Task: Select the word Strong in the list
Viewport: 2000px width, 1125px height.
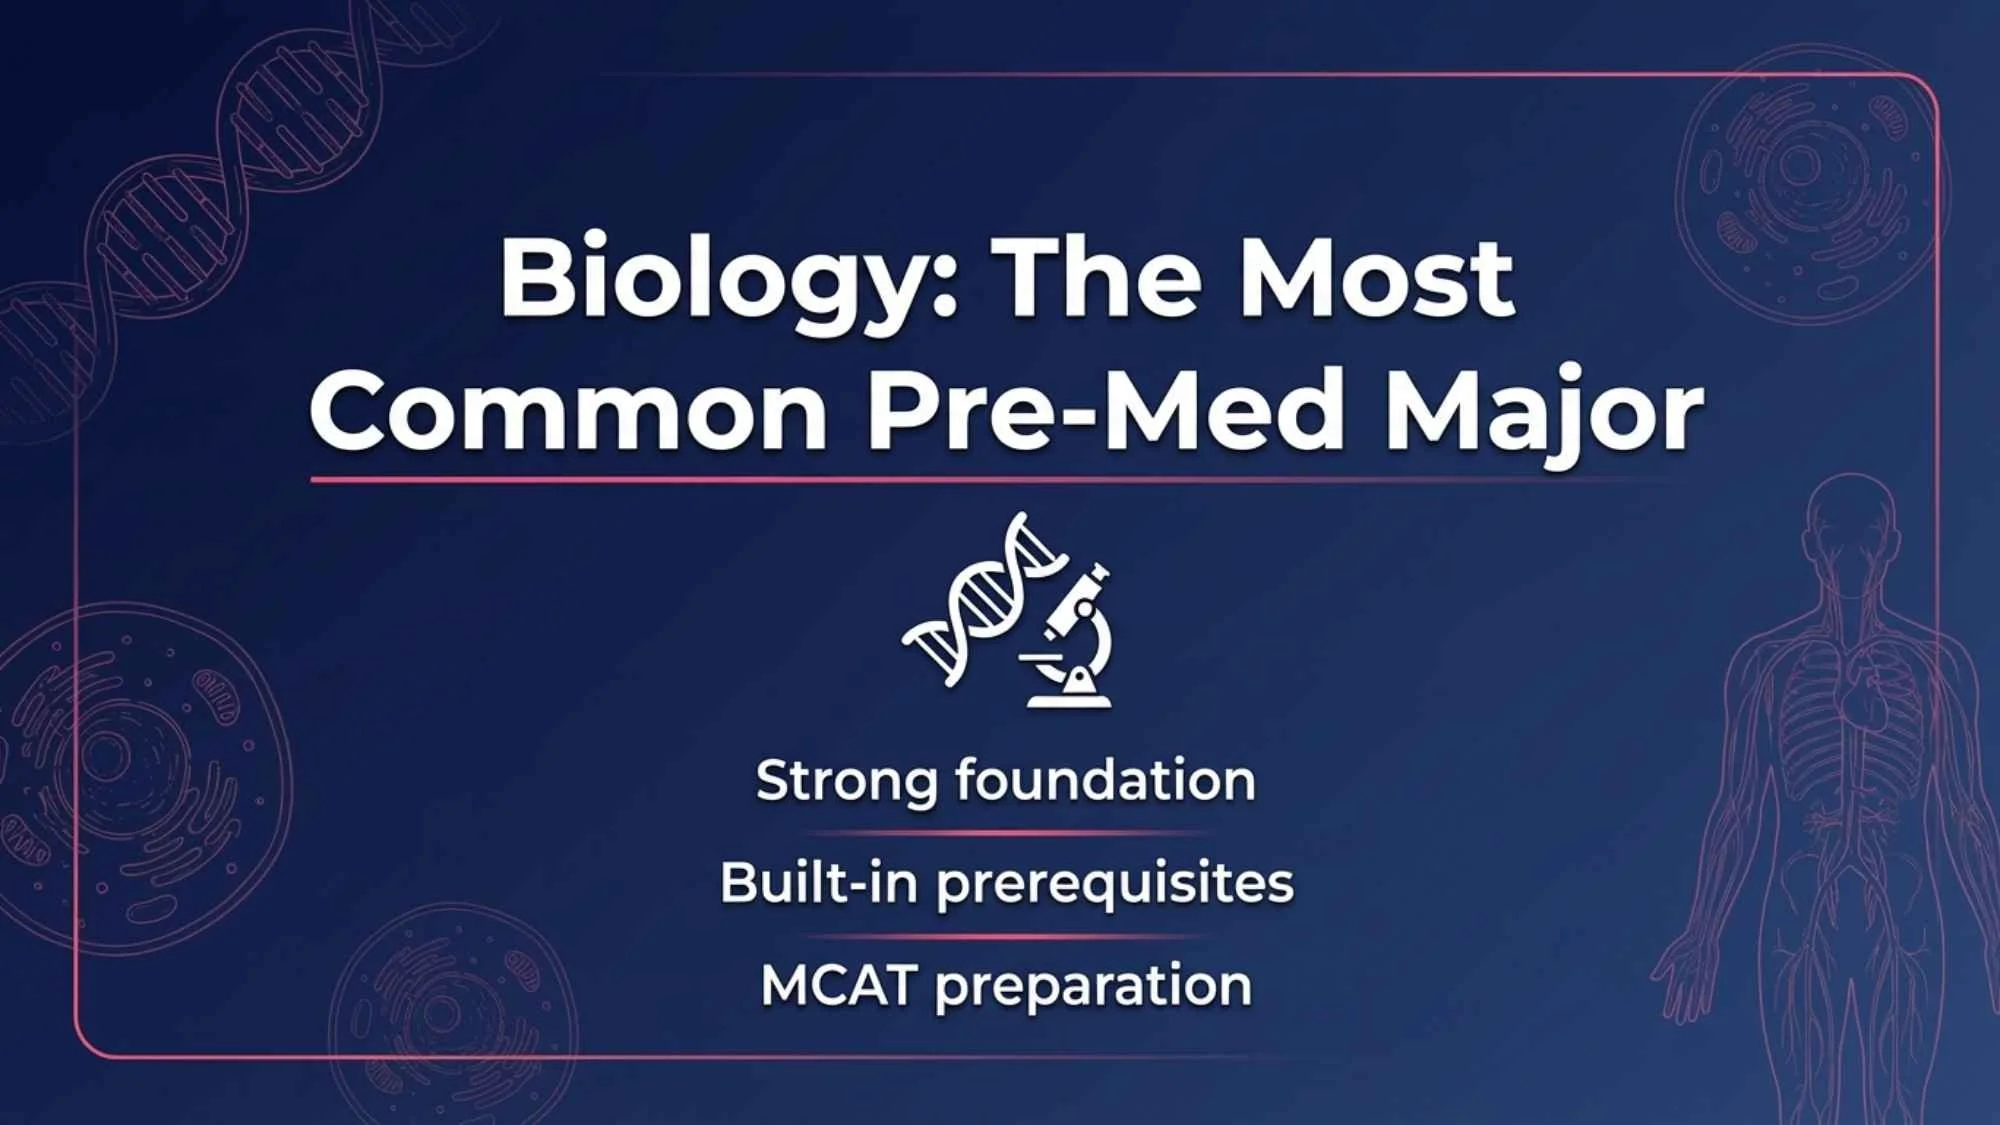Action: tap(846, 781)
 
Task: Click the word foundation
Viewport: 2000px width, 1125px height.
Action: tap(1105, 779)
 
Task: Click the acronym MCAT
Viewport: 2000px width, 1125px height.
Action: tap(838, 985)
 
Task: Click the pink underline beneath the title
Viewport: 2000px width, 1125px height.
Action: tap(1000, 480)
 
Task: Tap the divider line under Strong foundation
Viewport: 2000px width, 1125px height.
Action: tap(1005, 832)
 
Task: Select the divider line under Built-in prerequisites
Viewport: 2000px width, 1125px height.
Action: tap(1005, 937)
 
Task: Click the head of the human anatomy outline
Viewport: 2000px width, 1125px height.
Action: tap(1851, 520)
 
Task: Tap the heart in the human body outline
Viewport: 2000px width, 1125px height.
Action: tap(1866, 700)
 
